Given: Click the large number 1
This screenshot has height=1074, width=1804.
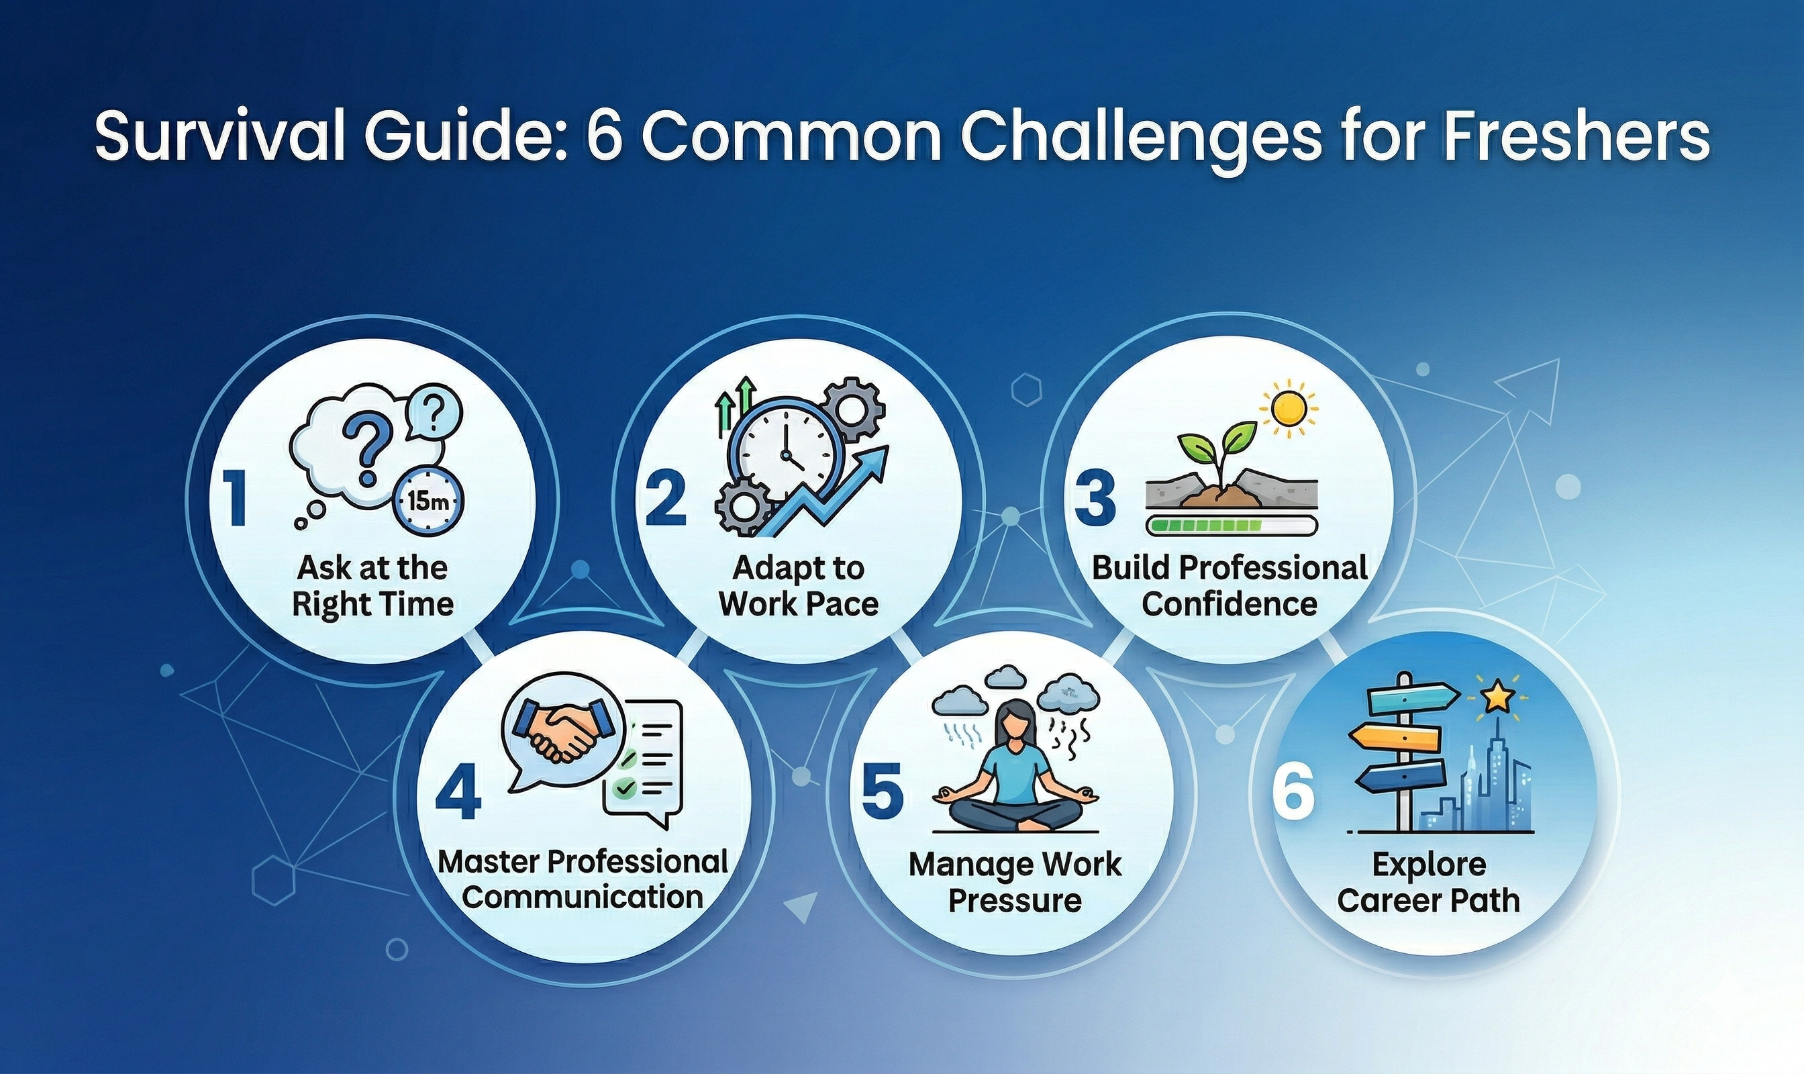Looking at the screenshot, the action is [x=234, y=498].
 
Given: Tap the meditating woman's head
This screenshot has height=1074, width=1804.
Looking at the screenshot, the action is [x=1016, y=724].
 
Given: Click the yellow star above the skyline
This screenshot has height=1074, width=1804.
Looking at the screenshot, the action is [x=1497, y=697].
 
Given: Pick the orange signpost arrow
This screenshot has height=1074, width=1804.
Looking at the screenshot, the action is [x=1394, y=738].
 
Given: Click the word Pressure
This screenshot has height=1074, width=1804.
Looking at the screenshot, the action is [x=1015, y=901].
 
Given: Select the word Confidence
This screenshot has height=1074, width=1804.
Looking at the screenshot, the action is [x=1230, y=603].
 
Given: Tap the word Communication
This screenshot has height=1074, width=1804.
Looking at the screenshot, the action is [x=583, y=897].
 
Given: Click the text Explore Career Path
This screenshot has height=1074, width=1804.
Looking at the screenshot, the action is [x=1428, y=882].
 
